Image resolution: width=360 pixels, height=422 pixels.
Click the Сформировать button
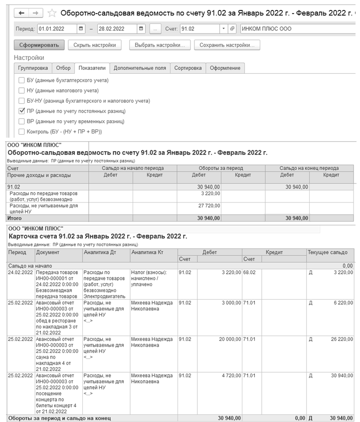point(39,45)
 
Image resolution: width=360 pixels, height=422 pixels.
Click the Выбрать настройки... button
point(160,45)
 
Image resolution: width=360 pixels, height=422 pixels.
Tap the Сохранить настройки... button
point(227,45)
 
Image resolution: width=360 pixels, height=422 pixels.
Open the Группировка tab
point(33,68)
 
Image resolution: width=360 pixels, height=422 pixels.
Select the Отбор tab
point(63,68)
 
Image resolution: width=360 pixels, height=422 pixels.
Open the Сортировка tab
point(187,68)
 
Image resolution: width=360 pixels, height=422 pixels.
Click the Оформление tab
point(225,68)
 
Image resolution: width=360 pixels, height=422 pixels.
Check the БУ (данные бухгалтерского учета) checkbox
point(21,80)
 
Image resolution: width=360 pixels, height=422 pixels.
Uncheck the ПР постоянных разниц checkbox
point(21,111)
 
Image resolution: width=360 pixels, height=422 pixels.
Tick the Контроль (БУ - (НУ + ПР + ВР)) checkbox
point(21,132)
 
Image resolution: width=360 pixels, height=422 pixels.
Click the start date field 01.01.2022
point(57,29)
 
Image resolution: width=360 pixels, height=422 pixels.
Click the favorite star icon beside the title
point(52,13)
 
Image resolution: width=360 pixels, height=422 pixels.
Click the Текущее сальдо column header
point(331,252)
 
